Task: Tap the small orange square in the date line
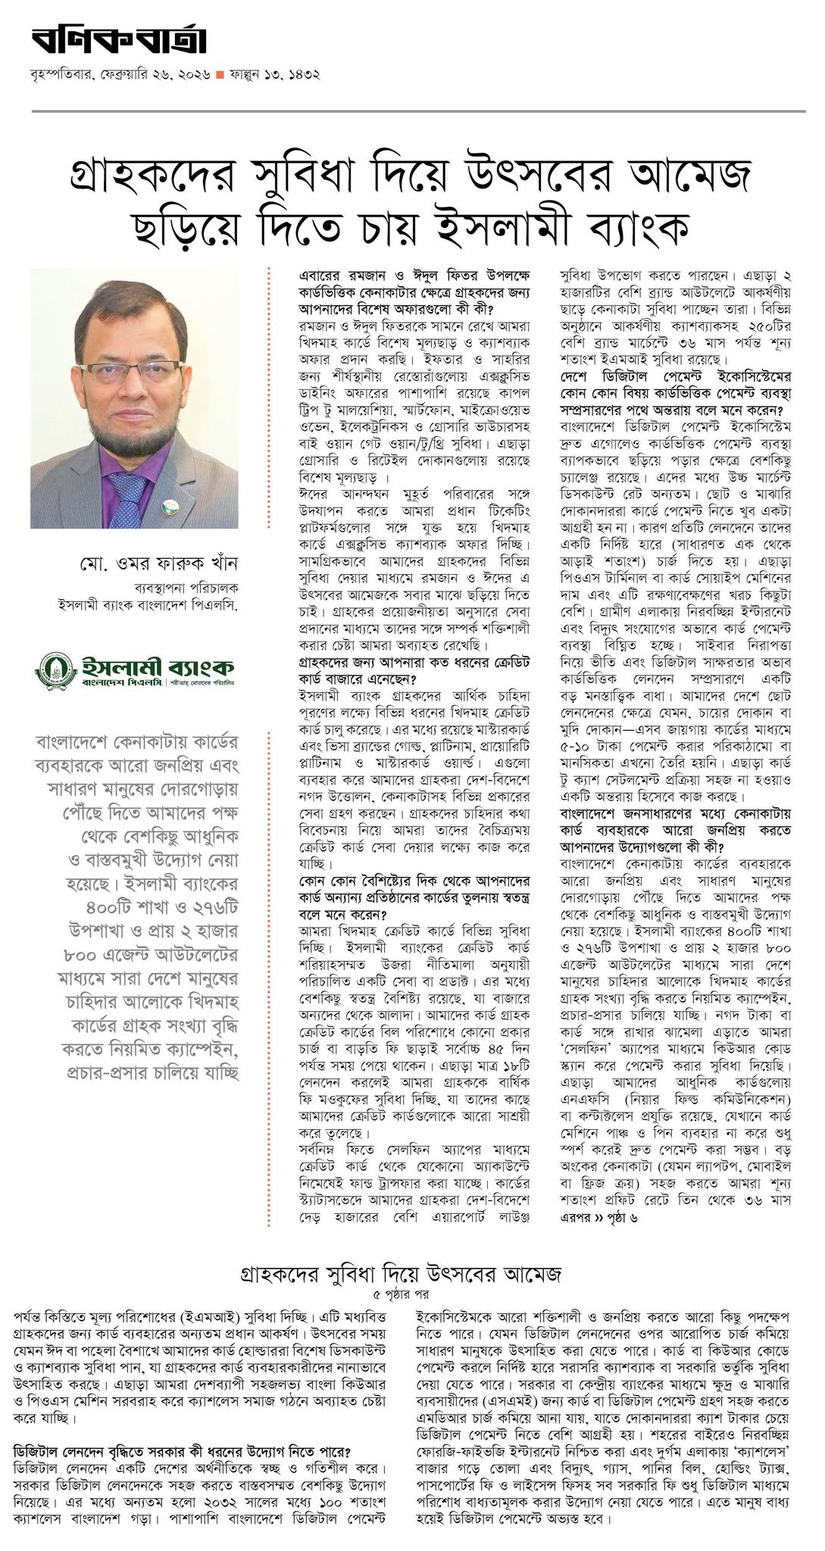(x=220, y=75)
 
